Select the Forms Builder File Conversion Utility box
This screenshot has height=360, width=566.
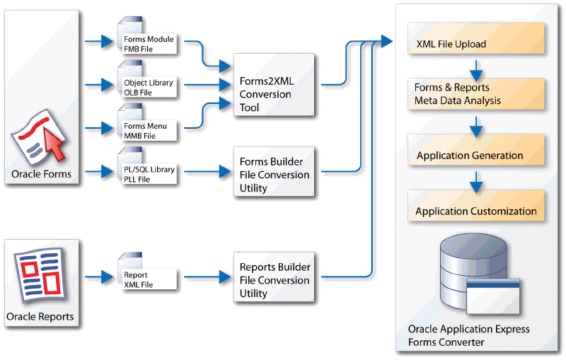tap(274, 174)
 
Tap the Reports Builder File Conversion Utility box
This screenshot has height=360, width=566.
tap(274, 279)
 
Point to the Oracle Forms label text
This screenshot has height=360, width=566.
tap(41, 174)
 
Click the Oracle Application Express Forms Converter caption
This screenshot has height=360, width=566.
tap(468, 335)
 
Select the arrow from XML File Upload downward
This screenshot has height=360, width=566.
tap(476, 69)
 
